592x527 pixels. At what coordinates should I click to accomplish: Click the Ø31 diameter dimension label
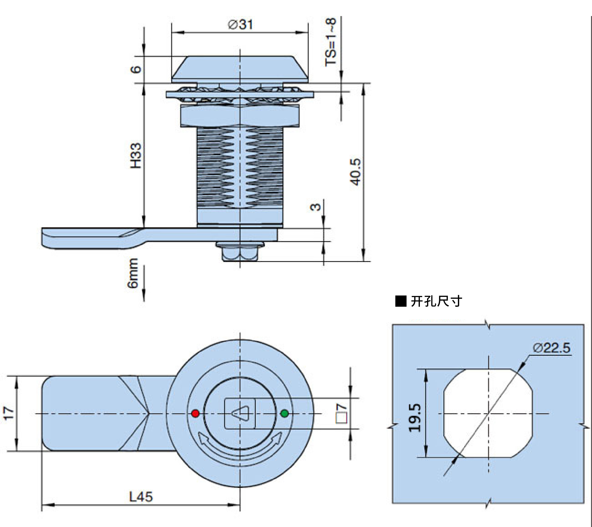240,24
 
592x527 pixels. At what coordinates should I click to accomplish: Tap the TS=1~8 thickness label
331,42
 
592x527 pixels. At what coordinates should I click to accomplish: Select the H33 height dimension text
136,156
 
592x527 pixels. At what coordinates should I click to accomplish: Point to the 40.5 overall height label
356,172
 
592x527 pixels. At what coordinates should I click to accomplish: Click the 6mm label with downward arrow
133,273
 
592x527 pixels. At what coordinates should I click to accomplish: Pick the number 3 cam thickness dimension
315,207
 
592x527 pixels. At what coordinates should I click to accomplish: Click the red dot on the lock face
195,413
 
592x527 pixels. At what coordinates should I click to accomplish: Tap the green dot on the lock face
284,413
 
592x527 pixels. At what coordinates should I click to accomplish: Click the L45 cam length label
141,497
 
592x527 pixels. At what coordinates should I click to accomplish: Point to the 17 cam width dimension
9,413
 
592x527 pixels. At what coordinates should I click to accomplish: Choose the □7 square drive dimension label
341,413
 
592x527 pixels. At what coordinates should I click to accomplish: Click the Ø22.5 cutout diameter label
552,348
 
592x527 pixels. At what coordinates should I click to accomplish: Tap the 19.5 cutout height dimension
415,417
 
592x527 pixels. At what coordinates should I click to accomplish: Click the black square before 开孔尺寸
401,301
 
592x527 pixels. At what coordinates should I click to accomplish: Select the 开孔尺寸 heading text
436,301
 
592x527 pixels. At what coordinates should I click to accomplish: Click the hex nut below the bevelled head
240,116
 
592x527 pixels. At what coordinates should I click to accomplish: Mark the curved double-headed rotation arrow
240,445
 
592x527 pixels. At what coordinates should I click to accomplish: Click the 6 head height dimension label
136,69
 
